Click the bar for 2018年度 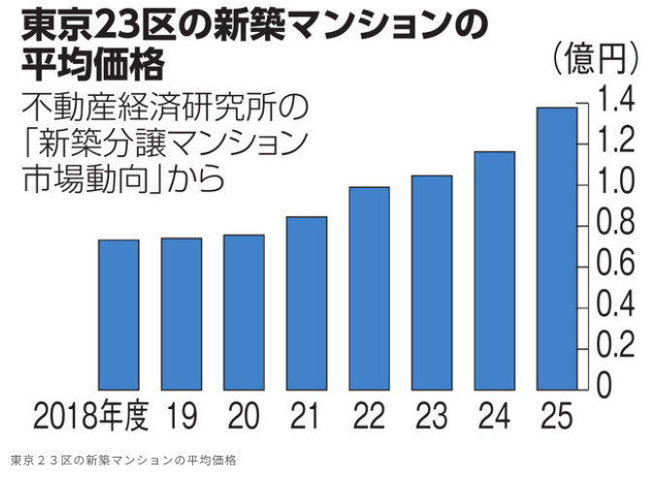click(x=117, y=313)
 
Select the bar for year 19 click(x=180, y=312)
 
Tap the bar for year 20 click(x=244, y=310)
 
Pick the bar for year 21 click(x=307, y=302)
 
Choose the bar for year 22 click(x=369, y=287)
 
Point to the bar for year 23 click(x=431, y=281)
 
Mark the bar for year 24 click(x=494, y=270)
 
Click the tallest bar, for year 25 click(x=556, y=247)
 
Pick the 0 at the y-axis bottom click(x=604, y=386)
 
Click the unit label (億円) click(x=595, y=60)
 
